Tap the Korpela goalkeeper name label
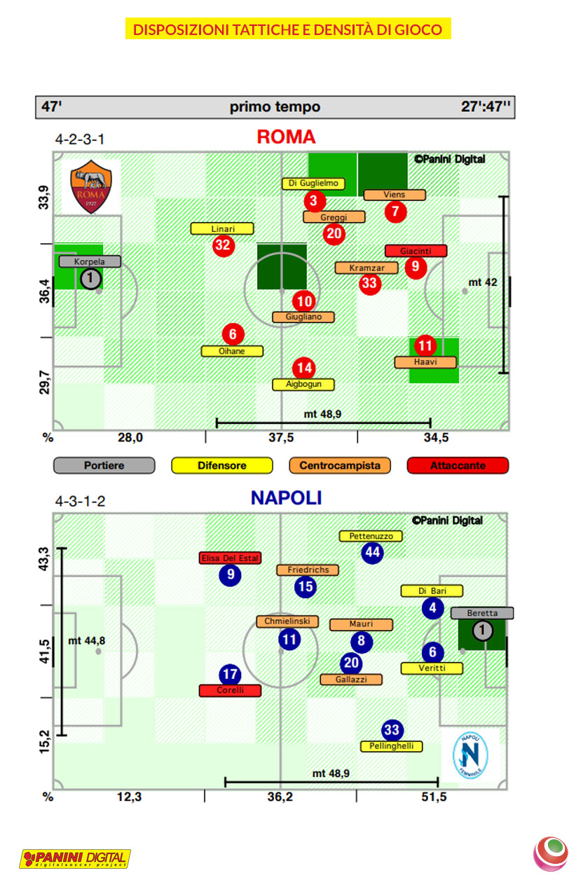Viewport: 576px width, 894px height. click(x=90, y=261)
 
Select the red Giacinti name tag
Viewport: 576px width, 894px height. click(x=416, y=251)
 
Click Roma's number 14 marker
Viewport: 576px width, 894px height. click(x=304, y=368)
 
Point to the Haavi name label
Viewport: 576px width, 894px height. click(x=425, y=362)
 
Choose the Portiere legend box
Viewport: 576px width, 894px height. click(x=104, y=465)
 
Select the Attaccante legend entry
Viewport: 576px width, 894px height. click(x=458, y=465)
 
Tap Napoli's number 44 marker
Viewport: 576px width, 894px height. click(x=372, y=552)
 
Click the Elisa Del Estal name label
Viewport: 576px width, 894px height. click(x=230, y=558)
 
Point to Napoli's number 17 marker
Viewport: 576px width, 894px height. click(x=230, y=675)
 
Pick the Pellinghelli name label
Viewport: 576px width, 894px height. click(x=392, y=746)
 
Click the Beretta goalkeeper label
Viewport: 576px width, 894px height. click(x=482, y=613)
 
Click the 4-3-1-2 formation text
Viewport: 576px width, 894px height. click(x=81, y=502)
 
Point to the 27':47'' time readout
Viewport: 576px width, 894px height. click(x=486, y=107)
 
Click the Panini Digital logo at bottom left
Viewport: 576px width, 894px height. click(x=75, y=858)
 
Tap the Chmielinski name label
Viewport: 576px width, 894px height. click(x=288, y=621)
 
